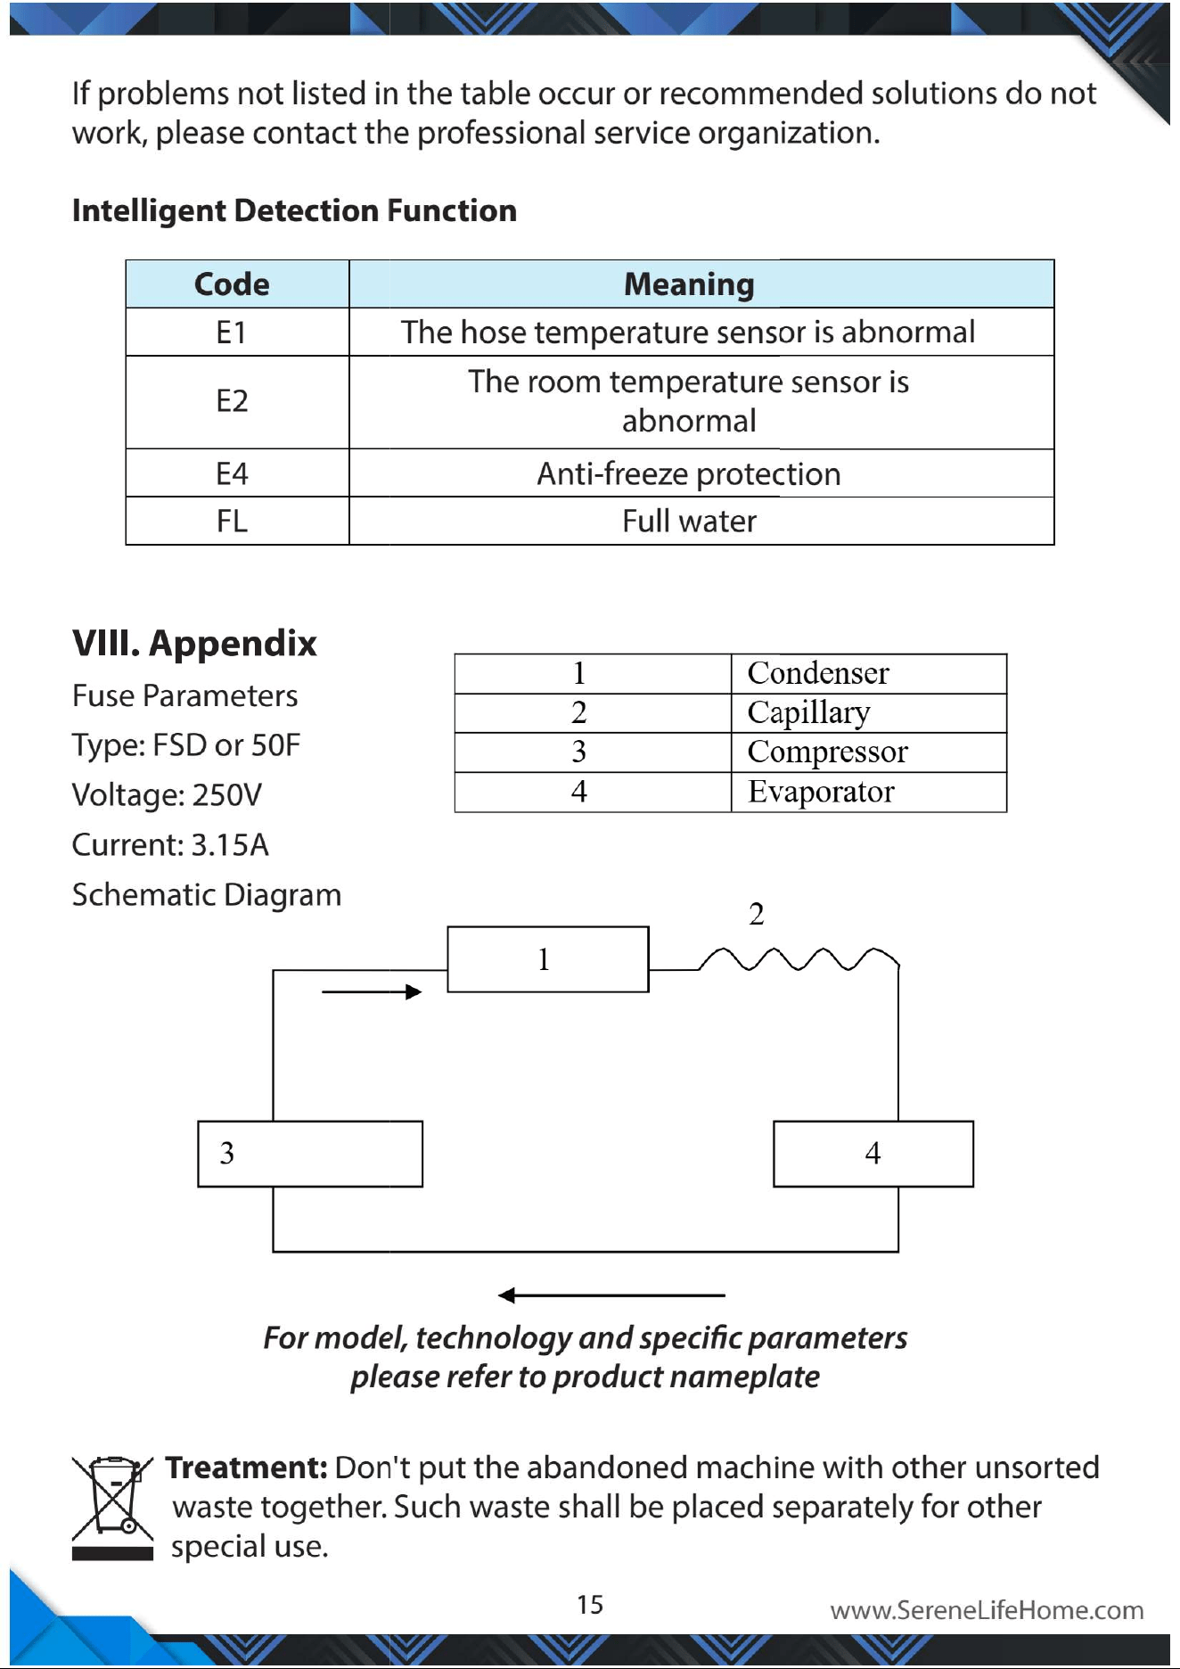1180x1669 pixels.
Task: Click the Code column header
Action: pyautogui.click(x=232, y=284)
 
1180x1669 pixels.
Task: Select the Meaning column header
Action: pyautogui.click(x=689, y=284)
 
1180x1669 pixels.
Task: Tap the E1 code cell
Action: pyautogui.click(x=232, y=333)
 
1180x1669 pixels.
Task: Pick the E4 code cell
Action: pyautogui.click(x=232, y=473)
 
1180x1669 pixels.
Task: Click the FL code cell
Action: pyautogui.click(x=232, y=521)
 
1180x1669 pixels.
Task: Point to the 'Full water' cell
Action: pyautogui.click(x=689, y=521)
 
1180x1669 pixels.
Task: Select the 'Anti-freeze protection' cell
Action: pyautogui.click(x=689, y=473)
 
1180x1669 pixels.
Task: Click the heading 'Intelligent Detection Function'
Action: pyautogui.click(x=294, y=210)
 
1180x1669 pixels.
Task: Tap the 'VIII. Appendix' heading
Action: pyautogui.click(x=194, y=643)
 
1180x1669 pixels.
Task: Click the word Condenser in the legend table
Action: pyautogui.click(x=818, y=673)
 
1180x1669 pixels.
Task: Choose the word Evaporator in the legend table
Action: pyautogui.click(x=821, y=792)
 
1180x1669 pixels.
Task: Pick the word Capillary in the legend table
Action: pyautogui.click(x=808, y=713)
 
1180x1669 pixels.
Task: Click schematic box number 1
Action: pyautogui.click(x=548, y=959)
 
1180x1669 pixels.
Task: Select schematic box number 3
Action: pyautogui.click(x=310, y=1154)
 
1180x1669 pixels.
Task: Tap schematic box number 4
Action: pyautogui.click(x=873, y=1154)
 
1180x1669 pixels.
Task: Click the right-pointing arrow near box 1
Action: pyautogui.click(x=372, y=991)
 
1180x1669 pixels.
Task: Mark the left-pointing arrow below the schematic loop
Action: pyautogui.click(x=611, y=1295)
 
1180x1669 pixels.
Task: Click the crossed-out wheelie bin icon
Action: pyautogui.click(x=112, y=1508)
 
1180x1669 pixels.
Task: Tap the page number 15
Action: pyautogui.click(x=590, y=1605)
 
